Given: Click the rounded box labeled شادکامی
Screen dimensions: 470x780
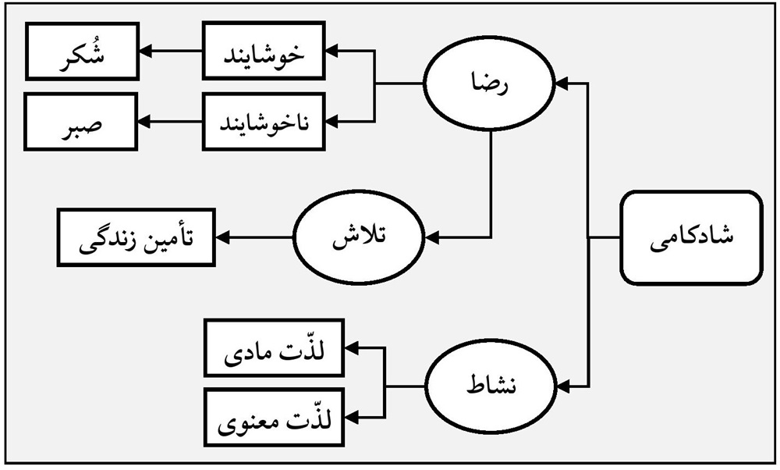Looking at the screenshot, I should [x=691, y=236].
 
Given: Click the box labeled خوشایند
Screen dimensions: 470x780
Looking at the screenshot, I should [x=264, y=52].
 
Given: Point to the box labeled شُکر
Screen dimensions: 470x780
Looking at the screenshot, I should [x=82, y=52].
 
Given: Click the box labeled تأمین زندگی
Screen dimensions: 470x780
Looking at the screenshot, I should [x=135, y=236].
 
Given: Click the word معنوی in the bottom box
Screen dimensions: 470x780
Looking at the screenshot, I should [x=247, y=420].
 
